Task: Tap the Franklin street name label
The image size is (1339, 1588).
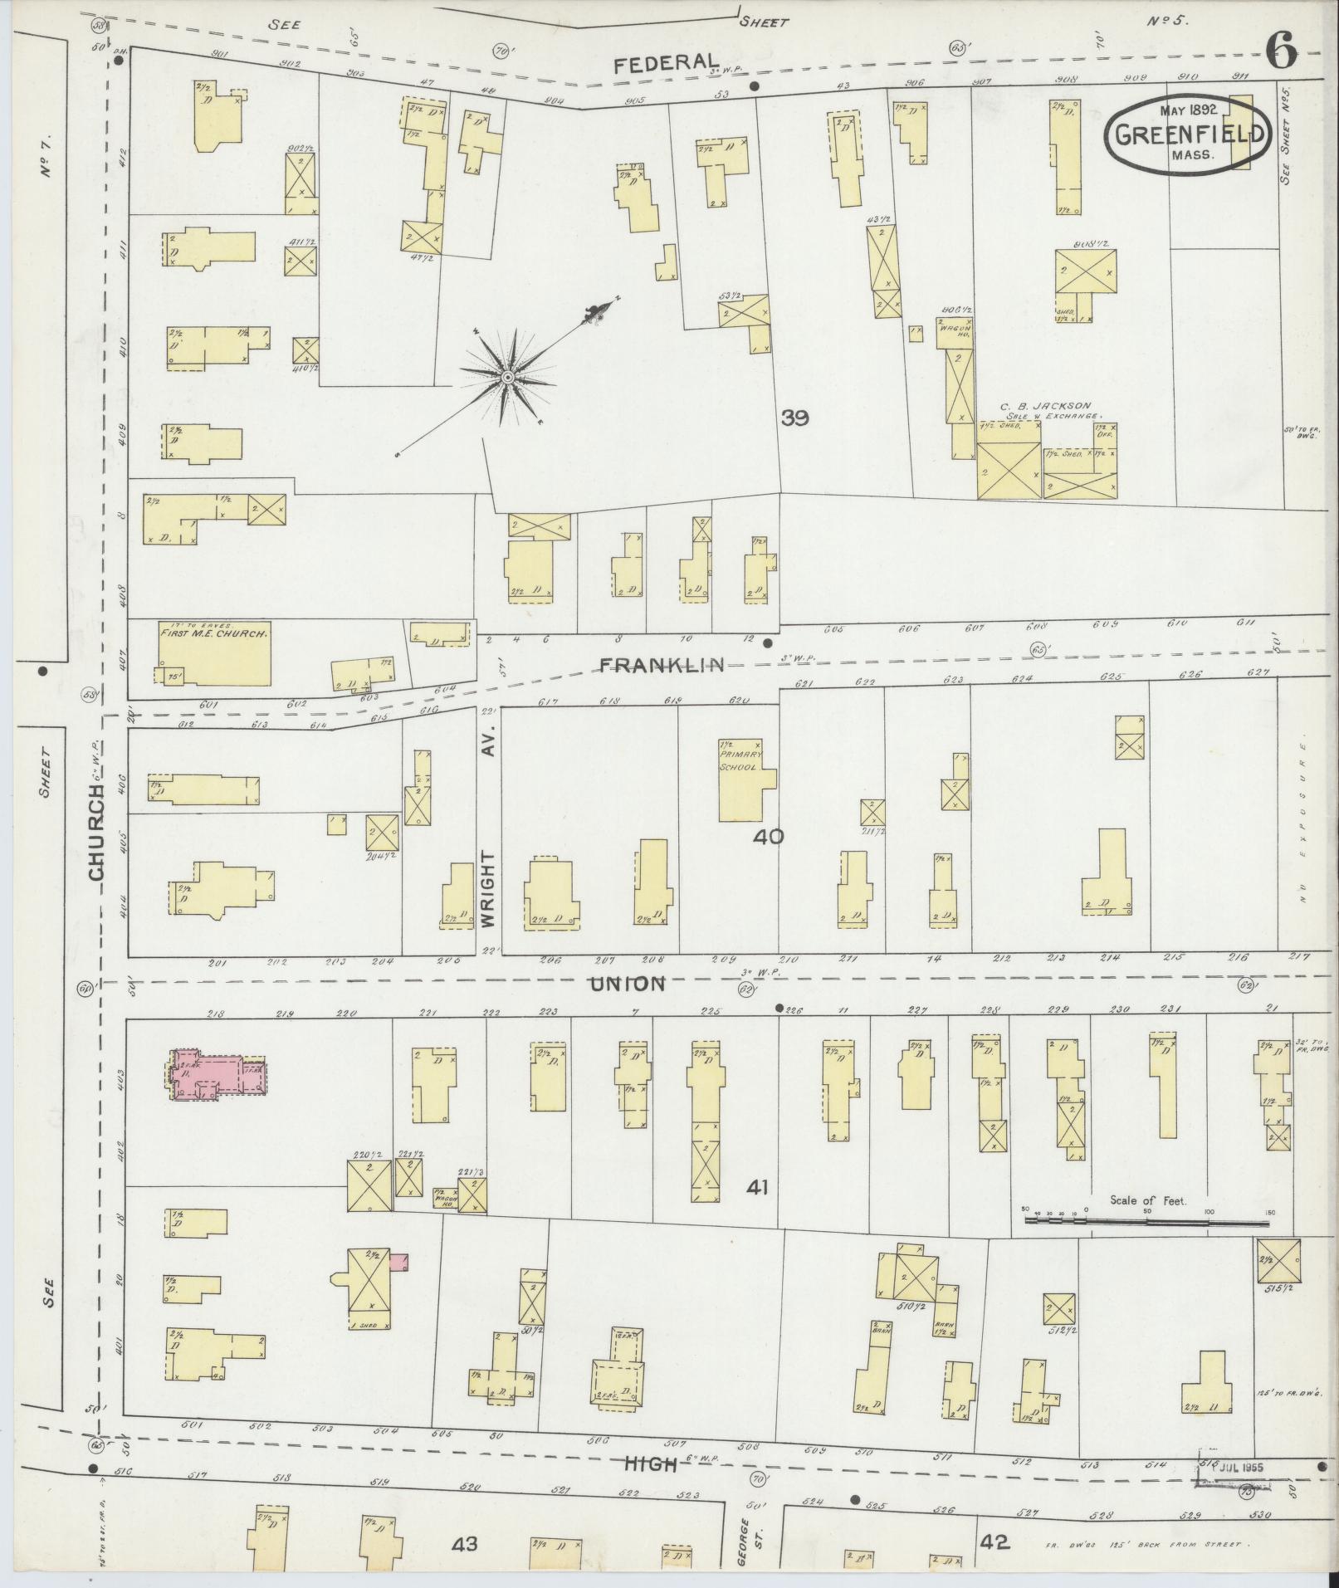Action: point(662,664)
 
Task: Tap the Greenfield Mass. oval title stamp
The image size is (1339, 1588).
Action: point(1188,134)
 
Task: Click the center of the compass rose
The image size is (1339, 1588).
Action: point(506,379)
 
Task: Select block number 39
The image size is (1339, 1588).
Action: point(794,418)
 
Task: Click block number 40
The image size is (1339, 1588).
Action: point(768,837)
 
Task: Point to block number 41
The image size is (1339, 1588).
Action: point(756,1188)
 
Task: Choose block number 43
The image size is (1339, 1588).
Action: point(466,1544)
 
